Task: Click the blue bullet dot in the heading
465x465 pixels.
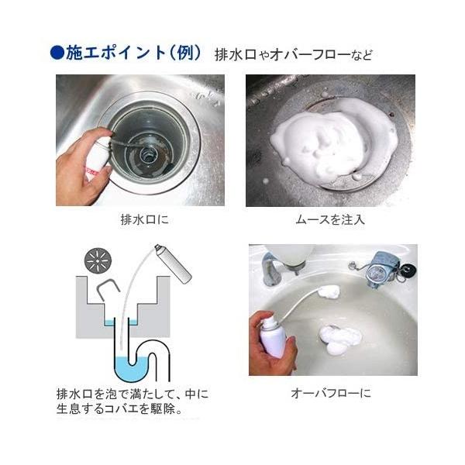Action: click(x=57, y=53)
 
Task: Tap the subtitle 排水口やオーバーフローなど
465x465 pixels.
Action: click(x=293, y=55)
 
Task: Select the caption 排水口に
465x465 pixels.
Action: click(x=145, y=220)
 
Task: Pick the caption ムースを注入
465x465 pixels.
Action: click(x=330, y=220)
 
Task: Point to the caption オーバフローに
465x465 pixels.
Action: click(x=331, y=393)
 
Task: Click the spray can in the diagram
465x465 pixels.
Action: click(x=173, y=263)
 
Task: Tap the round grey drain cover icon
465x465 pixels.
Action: click(x=98, y=261)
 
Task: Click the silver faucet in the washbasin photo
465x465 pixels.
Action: click(x=274, y=268)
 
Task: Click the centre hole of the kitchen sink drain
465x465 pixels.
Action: click(x=147, y=154)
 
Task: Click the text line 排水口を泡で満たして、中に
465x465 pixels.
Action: click(x=133, y=394)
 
